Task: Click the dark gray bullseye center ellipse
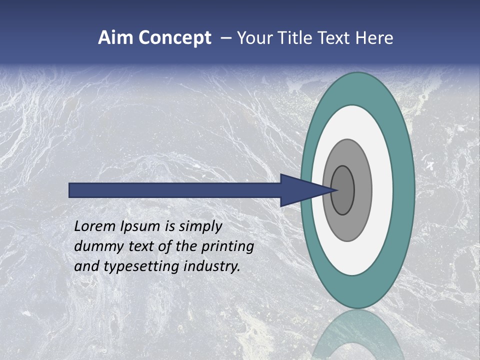343,190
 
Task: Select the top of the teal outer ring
357,88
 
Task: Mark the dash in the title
226,38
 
